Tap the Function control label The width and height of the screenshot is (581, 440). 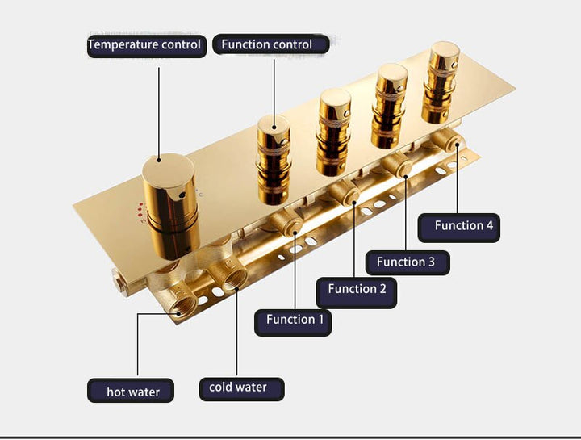pyautogui.click(x=271, y=44)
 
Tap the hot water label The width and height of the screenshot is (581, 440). pyautogui.click(x=131, y=391)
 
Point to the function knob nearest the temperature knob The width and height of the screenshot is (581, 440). pyautogui.click(x=273, y=159)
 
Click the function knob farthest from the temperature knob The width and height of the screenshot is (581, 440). pyautogui.click(x=441, y=82)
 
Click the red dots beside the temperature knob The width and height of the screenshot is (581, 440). pyautogui.click(x=140, y=211)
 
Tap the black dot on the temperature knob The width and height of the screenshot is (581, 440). pyautogui.click(x=182, y=195)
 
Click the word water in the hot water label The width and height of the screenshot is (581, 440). pyautogui.click(x=144, y=392)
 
